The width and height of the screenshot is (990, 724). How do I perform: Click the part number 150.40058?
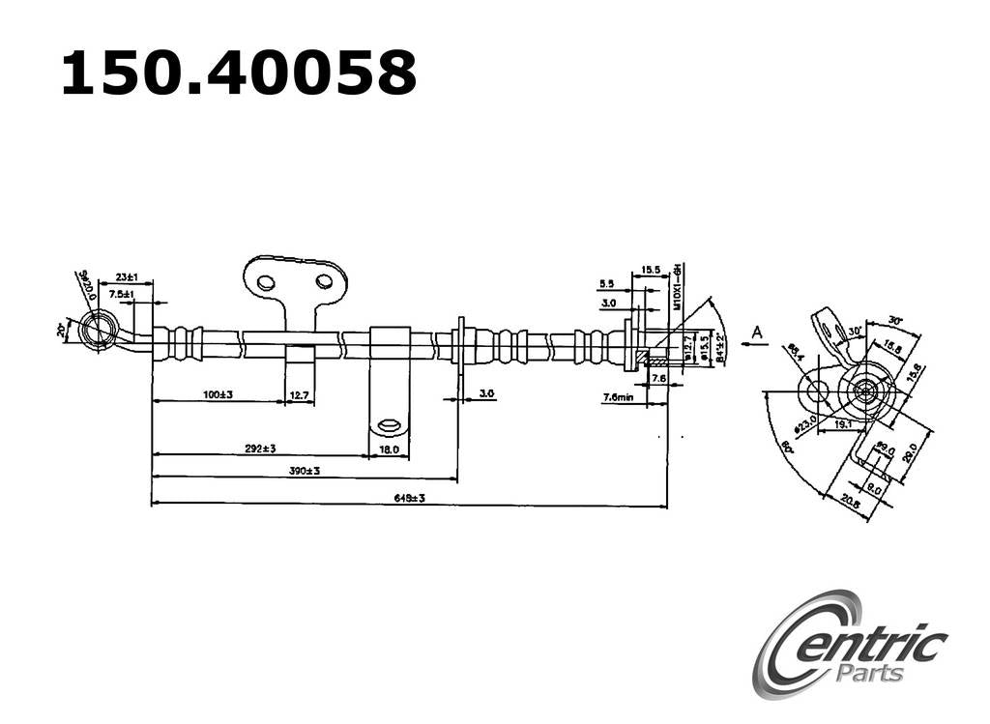click(238, 73)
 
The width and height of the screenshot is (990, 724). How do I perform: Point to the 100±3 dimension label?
click(218, 394)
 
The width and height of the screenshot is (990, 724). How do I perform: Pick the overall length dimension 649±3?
click(410, 498)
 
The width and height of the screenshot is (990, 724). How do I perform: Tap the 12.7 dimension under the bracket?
click(300, 394)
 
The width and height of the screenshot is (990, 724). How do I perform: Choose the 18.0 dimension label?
click(389, 449)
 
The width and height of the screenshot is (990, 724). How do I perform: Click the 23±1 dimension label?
click(127, 277)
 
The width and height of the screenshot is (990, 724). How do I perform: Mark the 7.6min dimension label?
click(618, 397)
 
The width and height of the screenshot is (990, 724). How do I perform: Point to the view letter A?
click(758, 333)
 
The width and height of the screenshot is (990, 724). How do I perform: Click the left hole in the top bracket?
click(266, 282)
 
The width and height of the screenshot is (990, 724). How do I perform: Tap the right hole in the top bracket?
click(324, 281)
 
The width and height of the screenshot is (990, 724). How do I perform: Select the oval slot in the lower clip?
click(389, 424)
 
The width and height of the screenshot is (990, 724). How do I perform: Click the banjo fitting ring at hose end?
click(97, 330)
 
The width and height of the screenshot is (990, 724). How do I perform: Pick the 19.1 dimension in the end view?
click(843, 422)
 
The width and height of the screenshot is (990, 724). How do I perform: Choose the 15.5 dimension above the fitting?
click(650, 271)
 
